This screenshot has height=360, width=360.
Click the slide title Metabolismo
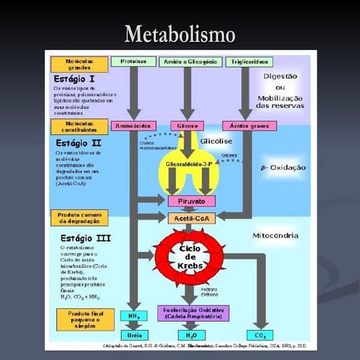pos(180,34)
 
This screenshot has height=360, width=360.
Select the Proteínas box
pos(133,61)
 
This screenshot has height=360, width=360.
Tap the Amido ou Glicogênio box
pos(188,61)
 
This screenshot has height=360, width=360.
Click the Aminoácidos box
pos(133,125)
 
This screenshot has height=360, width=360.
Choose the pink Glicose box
pos(184,125)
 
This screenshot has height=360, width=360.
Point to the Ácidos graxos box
pos(244,125)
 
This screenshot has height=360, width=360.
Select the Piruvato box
pos(191,201)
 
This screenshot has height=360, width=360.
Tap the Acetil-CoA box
pos(191,217)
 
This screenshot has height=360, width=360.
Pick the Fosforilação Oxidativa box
pos(190,313)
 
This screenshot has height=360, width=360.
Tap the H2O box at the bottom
pos(190,334)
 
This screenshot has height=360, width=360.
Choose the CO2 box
pos(260,334)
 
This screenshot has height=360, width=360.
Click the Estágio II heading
pos(76,142)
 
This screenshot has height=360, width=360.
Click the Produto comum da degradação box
pos(79,217)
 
